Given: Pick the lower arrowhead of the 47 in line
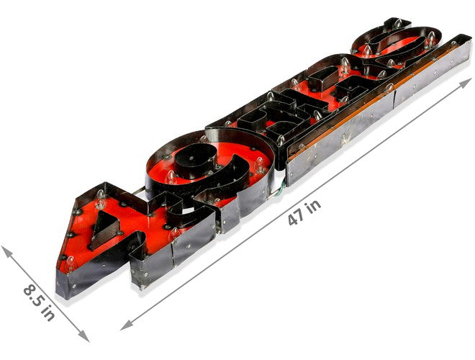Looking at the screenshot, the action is [126, 325].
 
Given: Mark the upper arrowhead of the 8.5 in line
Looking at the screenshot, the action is [6, 251].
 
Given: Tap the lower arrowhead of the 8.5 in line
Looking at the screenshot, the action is [83, 336].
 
